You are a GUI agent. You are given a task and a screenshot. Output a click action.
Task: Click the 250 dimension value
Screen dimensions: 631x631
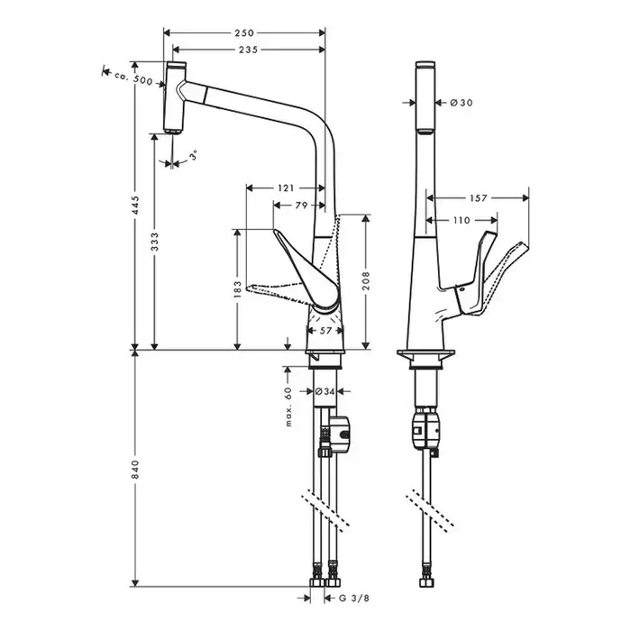[243, 32]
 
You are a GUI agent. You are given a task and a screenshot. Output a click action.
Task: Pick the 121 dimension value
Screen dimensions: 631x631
[285, 188]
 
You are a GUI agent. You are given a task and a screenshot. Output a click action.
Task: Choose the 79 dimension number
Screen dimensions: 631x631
[302, 206]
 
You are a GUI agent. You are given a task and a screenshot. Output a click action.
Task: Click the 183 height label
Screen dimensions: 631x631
[236, 288]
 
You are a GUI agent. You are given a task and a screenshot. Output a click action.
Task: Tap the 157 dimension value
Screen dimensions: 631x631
[478, 197]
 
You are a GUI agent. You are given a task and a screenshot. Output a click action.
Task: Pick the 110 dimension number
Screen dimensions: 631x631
[462, 220]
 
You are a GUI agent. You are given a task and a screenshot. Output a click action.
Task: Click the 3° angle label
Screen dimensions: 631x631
[194, 156]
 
